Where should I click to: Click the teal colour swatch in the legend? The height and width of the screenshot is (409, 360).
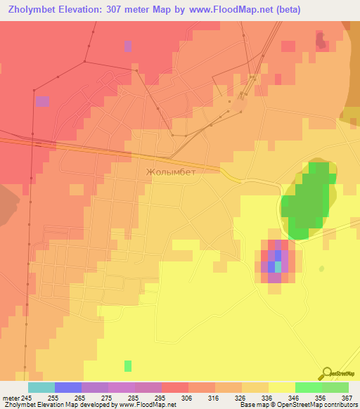pos(41,387)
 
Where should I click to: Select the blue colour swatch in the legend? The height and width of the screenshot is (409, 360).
pos(68,387)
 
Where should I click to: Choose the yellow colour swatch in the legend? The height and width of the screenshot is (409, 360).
pos(282,387)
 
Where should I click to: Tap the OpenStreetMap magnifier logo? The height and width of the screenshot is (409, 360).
pos(326,374)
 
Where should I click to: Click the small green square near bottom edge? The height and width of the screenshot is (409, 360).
pos(128,365)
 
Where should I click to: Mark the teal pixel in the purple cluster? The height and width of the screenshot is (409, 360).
pos(278,266)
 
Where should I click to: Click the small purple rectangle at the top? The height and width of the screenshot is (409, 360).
pos(128,46)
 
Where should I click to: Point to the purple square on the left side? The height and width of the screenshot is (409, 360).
pos(43,101)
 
